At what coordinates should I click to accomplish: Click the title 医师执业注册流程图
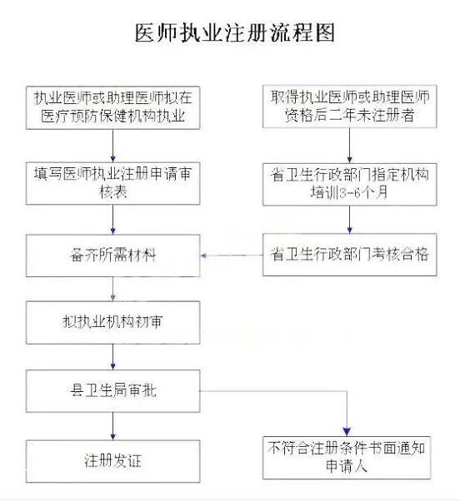point(234,32)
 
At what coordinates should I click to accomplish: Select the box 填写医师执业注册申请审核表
point(113,183)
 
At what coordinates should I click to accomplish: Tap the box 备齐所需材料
point(113,255)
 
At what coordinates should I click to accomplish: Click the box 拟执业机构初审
point(113,322)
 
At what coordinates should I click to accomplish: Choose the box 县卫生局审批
point(113,391)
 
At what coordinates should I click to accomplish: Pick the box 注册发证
point(113,461)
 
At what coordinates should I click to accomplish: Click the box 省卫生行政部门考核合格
point(350,255)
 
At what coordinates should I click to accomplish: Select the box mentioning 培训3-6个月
point(350,184)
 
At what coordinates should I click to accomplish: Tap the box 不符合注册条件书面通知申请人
point(347,458)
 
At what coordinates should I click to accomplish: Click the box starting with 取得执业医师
point(350,107)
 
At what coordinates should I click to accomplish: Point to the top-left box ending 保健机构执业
point(113,107)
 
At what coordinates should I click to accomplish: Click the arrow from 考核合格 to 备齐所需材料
point(232,255)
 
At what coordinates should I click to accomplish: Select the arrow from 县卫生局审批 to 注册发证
point(113,426)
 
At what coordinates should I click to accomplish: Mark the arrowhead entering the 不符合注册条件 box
point(347,432)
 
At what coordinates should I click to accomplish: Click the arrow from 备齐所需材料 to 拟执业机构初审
point(113,289)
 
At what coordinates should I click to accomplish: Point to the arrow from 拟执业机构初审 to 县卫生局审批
point(113,357)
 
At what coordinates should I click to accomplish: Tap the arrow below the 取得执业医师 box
point(350,146)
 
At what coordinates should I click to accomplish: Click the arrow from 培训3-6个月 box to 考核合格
point(350,219)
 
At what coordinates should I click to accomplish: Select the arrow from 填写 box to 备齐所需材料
point(113,220)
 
